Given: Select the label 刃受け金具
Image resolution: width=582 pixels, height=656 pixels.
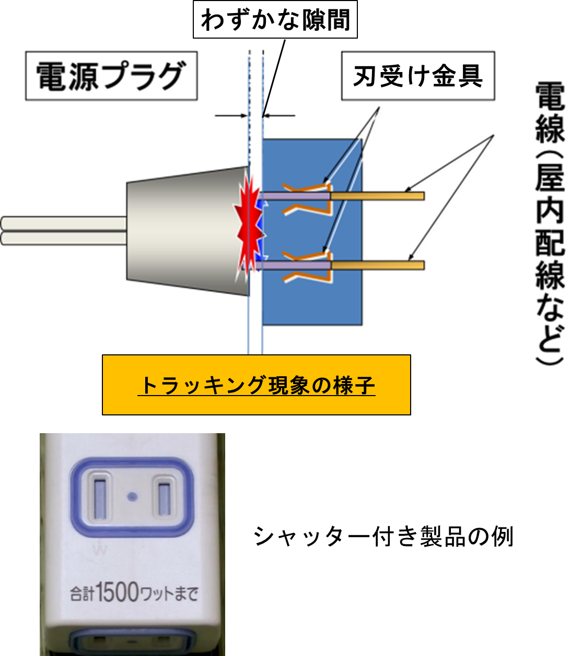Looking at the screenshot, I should (417, 76).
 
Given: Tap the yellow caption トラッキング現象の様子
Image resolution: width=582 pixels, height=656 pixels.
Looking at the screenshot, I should (257, 386).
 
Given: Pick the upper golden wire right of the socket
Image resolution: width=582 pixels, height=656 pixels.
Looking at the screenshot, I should (377, 196).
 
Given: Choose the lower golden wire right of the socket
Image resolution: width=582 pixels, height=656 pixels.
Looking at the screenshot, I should (377, 265).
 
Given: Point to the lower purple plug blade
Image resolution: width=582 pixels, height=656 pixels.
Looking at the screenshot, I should (295, 266).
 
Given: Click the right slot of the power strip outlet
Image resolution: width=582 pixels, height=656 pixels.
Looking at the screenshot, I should (165, 498).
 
